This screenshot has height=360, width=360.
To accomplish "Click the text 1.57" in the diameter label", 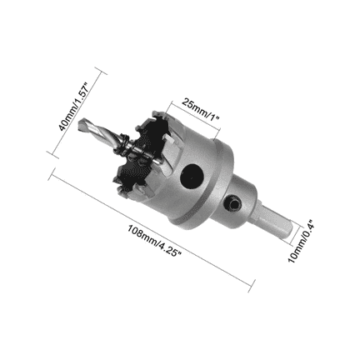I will pyautogui.click(x=82, y=89).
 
